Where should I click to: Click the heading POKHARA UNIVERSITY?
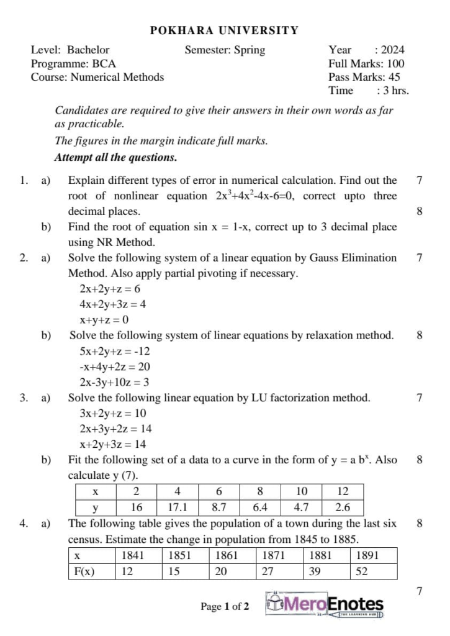(225, 30)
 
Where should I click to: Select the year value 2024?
(392, 50)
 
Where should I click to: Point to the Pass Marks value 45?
(394, 78)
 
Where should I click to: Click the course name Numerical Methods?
(117, 78)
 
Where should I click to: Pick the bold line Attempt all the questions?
(116, 157)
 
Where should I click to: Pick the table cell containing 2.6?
(342, 507)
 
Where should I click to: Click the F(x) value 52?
(362, 571)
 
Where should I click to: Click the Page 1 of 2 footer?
(224, 606)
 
